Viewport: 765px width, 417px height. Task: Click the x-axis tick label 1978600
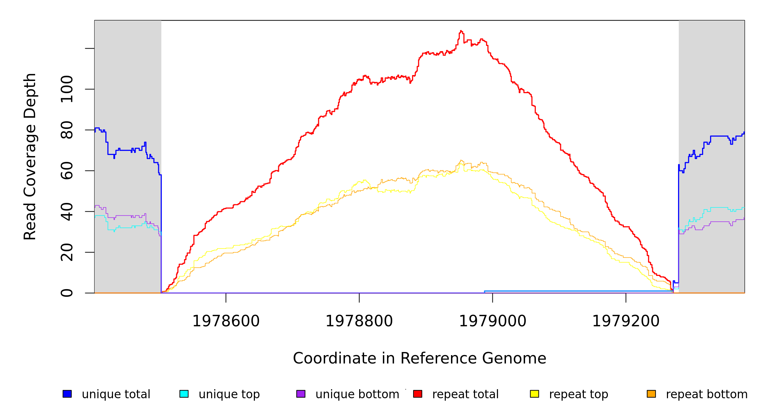point(226,321)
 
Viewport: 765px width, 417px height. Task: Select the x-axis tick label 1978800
point(359,321)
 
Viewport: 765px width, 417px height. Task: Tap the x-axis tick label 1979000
point(493,321)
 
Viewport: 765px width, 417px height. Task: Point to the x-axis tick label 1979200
point(626,321)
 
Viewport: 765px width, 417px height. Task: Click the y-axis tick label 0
point(67,293)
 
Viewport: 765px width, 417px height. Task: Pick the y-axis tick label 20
point(67,252)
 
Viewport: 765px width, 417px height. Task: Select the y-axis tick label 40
point(67,212)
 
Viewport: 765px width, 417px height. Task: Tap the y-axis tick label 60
point(67,171)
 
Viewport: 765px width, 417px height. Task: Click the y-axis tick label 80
point(67,130)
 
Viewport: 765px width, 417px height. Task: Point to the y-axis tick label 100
point(67,89)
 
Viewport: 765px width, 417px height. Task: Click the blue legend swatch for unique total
point(67,394)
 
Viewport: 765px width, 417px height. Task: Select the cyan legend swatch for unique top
point(184,394)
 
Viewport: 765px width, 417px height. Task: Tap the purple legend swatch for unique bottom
point(301,394)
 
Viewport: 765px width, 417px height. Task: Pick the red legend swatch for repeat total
point(418,394)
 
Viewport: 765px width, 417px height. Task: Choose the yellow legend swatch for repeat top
point(534,394)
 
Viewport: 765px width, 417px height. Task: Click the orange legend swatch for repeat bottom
point(651,394)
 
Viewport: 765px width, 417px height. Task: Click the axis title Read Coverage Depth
point(30,156)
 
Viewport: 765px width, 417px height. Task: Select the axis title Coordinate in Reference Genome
point(419,358)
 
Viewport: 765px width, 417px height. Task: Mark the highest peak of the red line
point(461,31)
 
